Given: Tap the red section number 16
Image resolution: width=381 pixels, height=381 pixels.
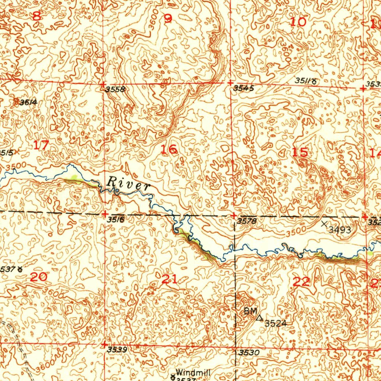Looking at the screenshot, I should pos(169,150).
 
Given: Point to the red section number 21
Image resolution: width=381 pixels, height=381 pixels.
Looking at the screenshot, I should pos(169,279).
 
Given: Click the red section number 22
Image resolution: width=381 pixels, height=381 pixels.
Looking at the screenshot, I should pos(301,282).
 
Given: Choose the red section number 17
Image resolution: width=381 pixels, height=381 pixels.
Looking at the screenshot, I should pos(41,145).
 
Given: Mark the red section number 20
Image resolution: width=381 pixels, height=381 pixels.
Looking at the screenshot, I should pos(39,277).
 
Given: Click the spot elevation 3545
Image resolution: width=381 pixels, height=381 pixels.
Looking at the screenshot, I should pos(244,89).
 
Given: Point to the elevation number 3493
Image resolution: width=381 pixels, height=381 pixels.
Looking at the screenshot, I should pos(340,230).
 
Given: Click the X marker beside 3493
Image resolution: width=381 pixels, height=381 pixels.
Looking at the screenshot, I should pos(324,224).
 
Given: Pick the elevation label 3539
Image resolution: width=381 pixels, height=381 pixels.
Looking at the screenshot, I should pos(117,350).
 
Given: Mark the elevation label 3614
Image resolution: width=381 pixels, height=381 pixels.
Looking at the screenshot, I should pos(29,102).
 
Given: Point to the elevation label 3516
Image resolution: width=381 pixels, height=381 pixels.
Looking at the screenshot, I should pos(115,220).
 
